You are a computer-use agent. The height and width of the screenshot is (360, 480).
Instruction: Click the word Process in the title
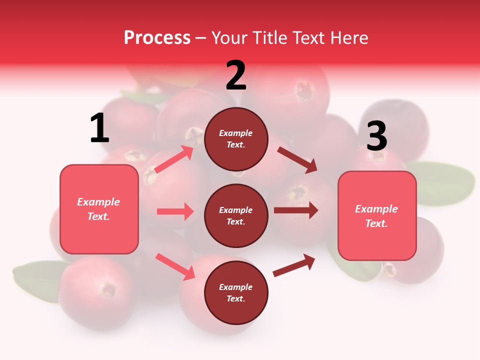pyautogui.click(x=157, y=38)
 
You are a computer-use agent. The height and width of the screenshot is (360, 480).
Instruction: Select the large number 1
pyautogui.click(x=99, y=129)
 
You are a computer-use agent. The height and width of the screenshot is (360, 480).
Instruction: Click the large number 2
pyautogui.click(x=236, y=75)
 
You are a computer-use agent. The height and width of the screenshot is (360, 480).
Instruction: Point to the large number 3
pyautogui.click(x=377, y=136)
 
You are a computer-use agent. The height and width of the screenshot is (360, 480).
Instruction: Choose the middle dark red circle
pyautogui.click(x=236, y=215)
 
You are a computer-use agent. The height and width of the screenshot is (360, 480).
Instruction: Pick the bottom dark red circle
pyautogui.click(x=236, y=292)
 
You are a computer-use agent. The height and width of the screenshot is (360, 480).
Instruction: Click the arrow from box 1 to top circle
pyautogui.click(x=174, y=159)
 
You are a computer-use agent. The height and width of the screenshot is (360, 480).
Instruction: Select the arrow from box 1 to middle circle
pyautogui.click(x=175, y=211)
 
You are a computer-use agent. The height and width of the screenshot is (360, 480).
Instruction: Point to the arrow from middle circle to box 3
pyautogui.click(x=296, y=210)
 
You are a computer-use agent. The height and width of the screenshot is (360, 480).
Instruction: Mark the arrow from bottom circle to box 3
pyautogui.click(x=294, y=265)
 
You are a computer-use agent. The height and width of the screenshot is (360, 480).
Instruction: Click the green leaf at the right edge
pyautogui.click(x=442, y=183)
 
